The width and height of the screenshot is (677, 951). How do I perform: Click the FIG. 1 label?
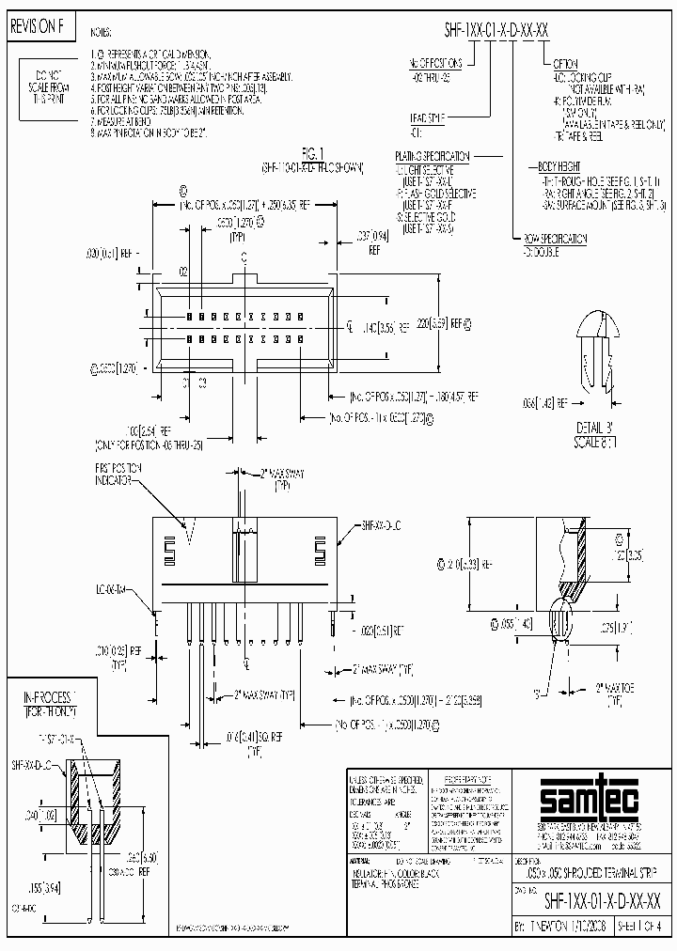click(312, 151)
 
